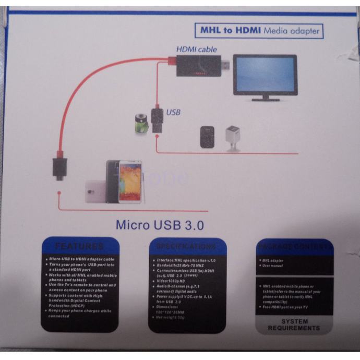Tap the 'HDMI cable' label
tap(197, 49)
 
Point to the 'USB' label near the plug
tap(173, 112)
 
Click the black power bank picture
tap(208, 136)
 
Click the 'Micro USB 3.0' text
tap(159, 225)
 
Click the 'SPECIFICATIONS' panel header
tap(187, 246)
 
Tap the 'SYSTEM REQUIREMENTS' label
tap(294, 325)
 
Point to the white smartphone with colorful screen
tap(130, 182)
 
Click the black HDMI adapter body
tap(199, 67)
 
